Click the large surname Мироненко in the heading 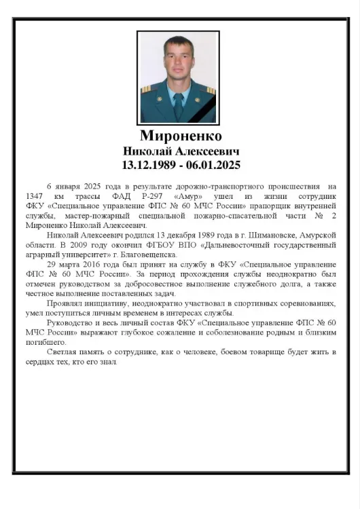tap(180, 136)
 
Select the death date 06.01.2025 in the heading tap(211, 165)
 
